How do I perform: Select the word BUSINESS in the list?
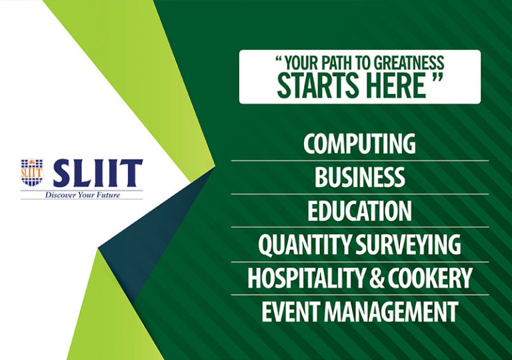[x=359, y=177]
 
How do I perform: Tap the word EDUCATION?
[x=359, y=211]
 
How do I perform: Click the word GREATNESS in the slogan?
[x=407, y=64]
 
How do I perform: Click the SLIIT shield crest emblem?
[x=32, y=172]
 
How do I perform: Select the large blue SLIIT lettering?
[x=97, y=173]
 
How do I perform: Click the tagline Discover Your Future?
[x=81, y=195]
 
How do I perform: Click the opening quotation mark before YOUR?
[x=279, y=61]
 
